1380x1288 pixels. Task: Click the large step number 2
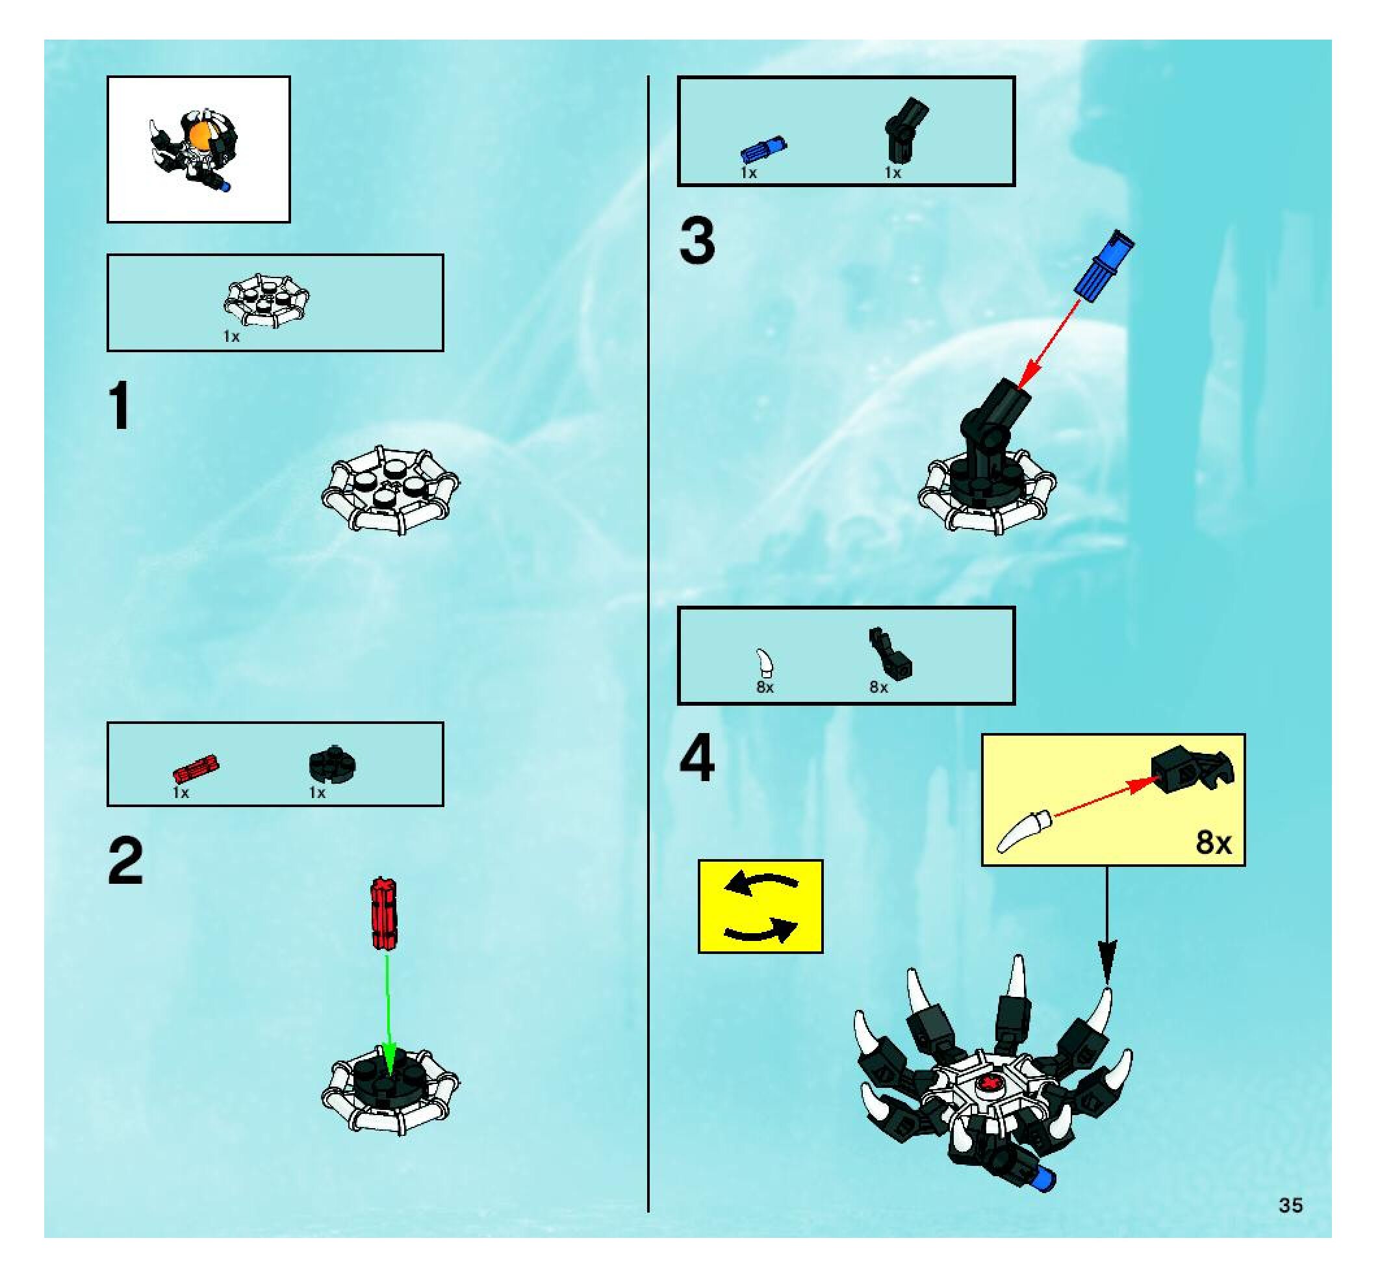click(x=125, y=861)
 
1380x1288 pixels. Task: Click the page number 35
click(x=1291, y=1205)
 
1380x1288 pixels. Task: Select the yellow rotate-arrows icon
click(x=760, y=906)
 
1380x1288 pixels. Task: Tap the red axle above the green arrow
click(x=384, y=914)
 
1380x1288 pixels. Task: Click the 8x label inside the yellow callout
click(x=1214, y=842)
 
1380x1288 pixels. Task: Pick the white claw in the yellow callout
click(x=1024, y=831)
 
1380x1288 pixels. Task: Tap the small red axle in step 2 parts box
click(x=196, y=769)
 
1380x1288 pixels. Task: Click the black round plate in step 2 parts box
click(x=332, y=766)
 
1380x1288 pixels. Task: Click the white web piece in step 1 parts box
click(x=266, y=300)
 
